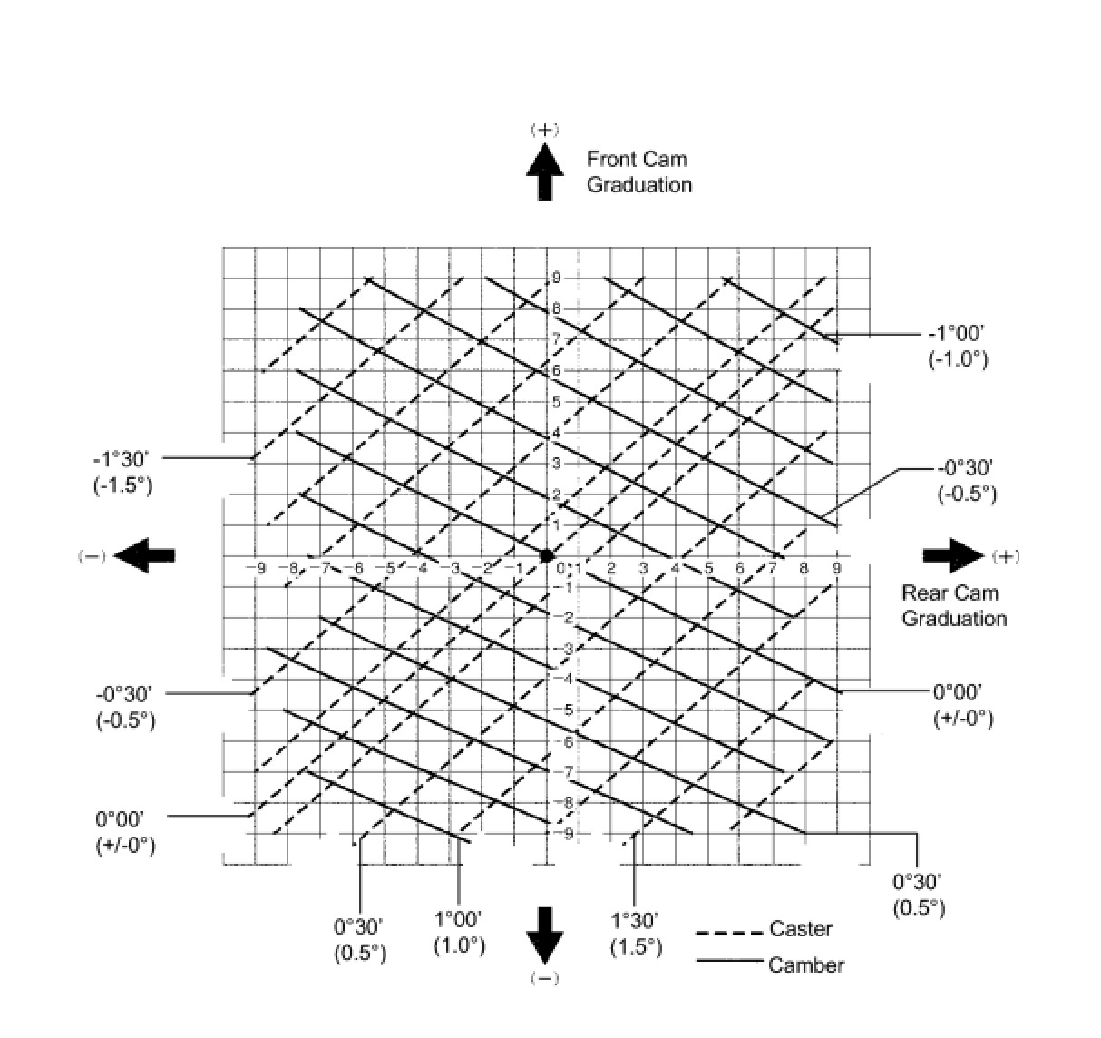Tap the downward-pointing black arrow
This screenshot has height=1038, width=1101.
pyautogui.click(x=544, y=935)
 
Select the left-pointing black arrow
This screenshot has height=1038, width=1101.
pyautogui.click(x=145, y=555)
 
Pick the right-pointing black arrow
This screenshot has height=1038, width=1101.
pyautogui.click(x=953, y=555)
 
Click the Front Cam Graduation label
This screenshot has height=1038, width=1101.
pyautogui.click(x=638, y=172)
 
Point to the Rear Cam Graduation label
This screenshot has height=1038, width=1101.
pyautogui.click(x=953, y=606)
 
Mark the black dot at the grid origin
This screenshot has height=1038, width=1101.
pyautogui.click(x=546, y=555)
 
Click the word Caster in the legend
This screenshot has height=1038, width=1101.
pyautogui.click(x=801, y=928)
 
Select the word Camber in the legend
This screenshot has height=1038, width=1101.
pyautogui.click(x=805, y=965)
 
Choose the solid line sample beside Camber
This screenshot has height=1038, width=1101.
pyautogui.click(x=728, y=960)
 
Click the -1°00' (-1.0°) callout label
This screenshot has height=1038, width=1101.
pyautogui.click(x=957, y=347)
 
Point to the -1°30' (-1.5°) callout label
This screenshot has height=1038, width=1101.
pyautogui.click(x=122, y=472)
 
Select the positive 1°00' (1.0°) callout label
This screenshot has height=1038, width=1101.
pyautogui.click(x=459, y=933)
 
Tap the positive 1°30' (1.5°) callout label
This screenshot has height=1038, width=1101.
pyautogui.click(x=635, y=935)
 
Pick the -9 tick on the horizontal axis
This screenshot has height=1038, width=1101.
pyautogui.click(x=259, y=569)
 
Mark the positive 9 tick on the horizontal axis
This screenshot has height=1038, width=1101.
pyautogui.click(x=835, y=569)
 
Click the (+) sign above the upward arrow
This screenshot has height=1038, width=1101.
pyautogui.click(x=544, y=130)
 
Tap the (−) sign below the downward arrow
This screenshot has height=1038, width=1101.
pyautogui.click(x=544, y=978)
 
